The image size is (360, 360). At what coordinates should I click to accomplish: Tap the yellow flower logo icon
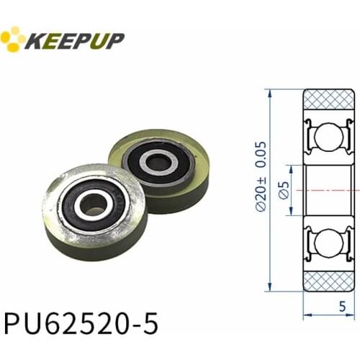pyautogui.click(x=12, y=40)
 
